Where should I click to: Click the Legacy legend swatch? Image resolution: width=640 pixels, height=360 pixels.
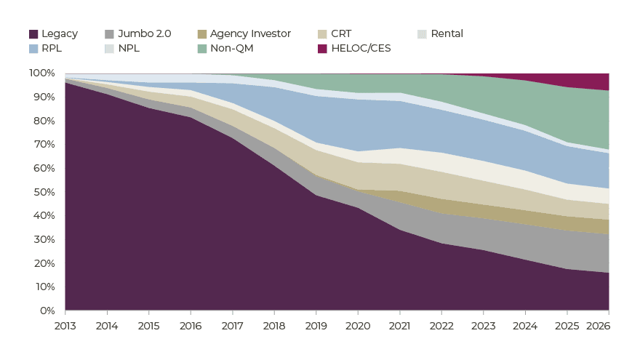[33, 34]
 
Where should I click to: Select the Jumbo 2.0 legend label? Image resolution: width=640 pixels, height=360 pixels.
[145, 33]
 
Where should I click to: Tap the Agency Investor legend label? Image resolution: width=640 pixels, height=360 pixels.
[250, 33]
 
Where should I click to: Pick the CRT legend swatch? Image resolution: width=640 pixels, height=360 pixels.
[322, 34]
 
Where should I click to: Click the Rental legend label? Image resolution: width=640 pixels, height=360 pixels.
[447, 33]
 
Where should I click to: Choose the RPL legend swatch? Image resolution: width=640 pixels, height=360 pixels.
[33, 49]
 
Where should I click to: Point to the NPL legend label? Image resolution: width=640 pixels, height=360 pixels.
[129, 48]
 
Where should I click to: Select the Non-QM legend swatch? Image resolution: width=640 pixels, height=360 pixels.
[202, 49]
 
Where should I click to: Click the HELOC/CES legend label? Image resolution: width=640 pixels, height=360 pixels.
[361, 48]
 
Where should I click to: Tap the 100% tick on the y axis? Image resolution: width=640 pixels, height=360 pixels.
[41, 73]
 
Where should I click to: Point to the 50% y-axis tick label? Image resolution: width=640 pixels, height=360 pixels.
[44, 192]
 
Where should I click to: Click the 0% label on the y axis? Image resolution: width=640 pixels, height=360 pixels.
[47, 311]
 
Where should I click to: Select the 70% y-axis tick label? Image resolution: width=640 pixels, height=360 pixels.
[44, 144]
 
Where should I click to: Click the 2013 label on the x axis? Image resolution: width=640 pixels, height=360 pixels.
[65, 326]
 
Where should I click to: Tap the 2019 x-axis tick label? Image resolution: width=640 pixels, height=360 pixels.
[316, 326]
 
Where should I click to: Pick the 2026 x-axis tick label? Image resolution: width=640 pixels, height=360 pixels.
[598, 326]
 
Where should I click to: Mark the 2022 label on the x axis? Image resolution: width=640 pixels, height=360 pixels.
[441, 326]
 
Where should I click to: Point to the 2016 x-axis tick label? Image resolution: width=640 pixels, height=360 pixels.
[191, 326]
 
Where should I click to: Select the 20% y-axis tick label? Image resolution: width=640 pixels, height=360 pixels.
[44, 263]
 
